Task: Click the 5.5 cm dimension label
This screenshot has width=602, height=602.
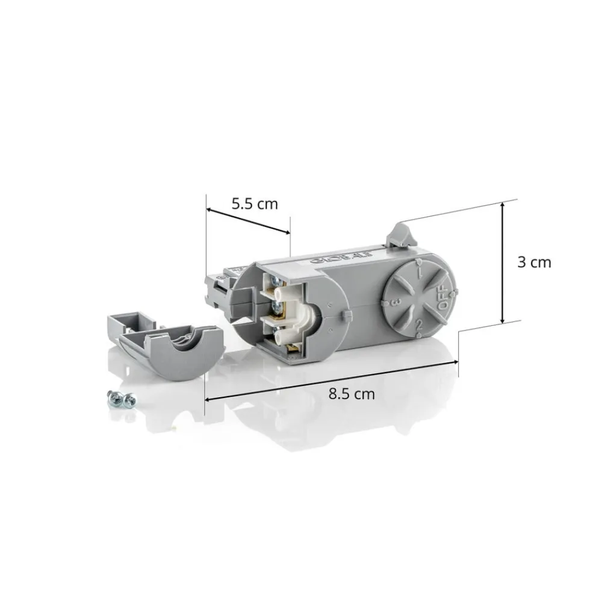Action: click(255, 203)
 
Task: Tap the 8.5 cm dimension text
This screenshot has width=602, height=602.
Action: click(352, 394)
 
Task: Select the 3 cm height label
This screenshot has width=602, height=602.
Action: click(534, 262)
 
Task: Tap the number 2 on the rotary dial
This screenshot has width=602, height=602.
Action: click(417, 326)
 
